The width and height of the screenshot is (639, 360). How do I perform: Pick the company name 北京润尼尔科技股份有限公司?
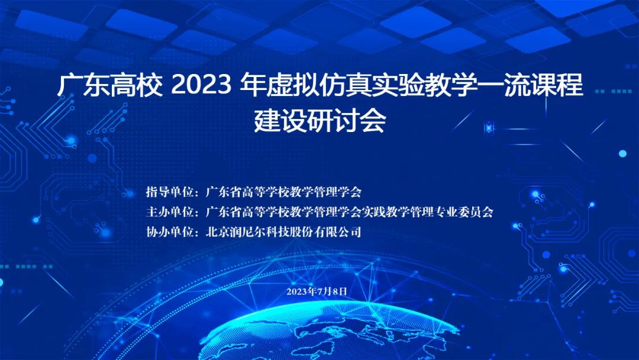(283, 232)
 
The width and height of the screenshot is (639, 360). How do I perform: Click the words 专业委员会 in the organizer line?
(464, 211)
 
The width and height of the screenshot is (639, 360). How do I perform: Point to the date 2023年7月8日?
(317, 291)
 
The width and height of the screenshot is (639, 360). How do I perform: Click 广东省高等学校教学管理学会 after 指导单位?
(283, 192)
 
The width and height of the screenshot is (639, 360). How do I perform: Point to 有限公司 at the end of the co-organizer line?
(337, 232)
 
